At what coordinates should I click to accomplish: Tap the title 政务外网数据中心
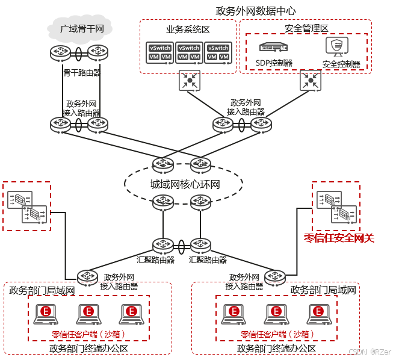256,11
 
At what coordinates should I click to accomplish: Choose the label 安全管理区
306,28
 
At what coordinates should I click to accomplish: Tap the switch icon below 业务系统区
190,81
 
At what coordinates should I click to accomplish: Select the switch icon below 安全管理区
311,81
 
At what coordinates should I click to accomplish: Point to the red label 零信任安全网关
339,238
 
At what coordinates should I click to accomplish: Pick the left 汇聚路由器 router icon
163,246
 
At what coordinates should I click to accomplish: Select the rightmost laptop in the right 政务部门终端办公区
318,312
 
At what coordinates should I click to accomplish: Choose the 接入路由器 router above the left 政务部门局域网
87,277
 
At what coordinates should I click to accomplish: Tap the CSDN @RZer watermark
369,351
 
